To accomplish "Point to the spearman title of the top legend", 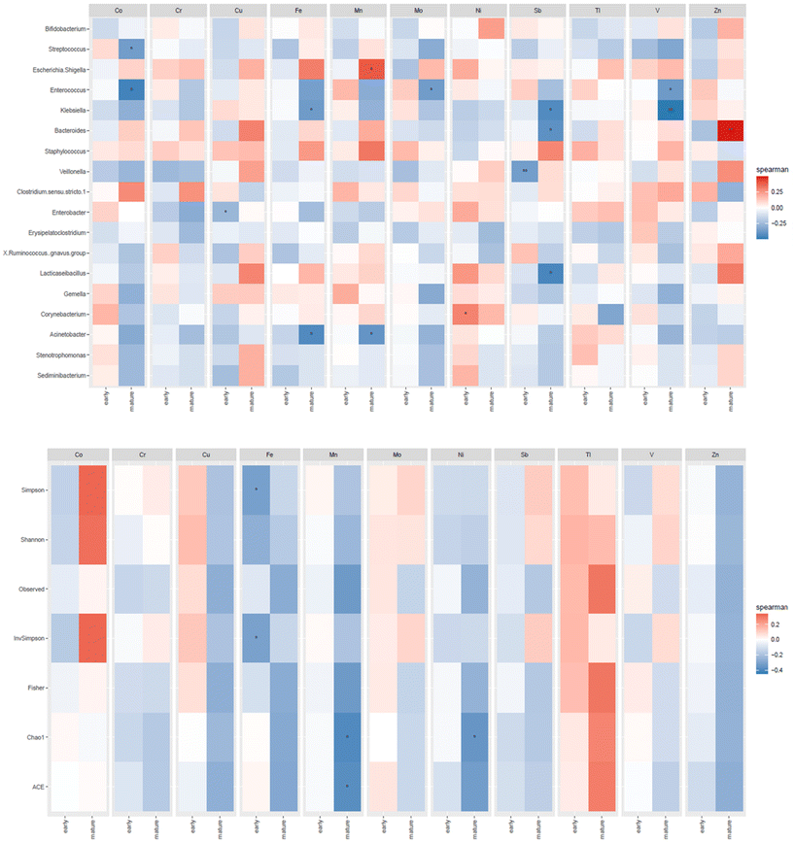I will (763, 169).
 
